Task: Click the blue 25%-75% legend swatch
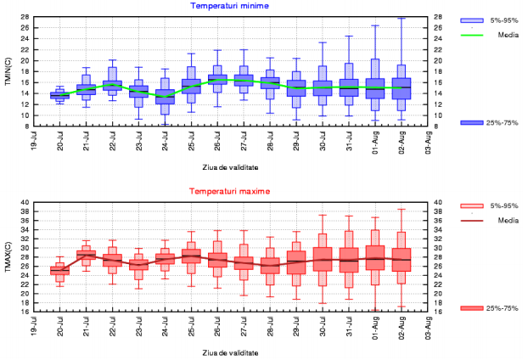tap(471, 123)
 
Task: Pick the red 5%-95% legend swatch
tap(471, 205)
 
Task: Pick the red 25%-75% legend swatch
tap(471, 308)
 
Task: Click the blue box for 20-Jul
tap(59, 96)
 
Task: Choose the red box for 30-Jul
tap(323, 259)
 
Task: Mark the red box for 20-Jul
tap(59, 271)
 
